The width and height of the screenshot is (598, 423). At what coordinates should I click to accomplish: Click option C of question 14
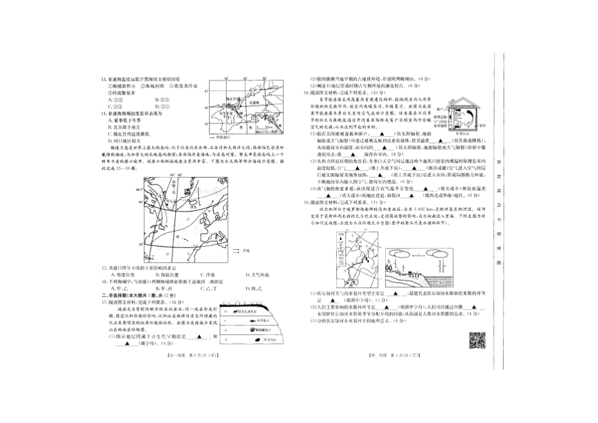pos(111,133)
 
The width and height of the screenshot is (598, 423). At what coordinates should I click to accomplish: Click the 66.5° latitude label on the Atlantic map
pos(140,187)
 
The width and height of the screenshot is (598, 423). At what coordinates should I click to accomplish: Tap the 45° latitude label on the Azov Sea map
pos(205,91)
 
